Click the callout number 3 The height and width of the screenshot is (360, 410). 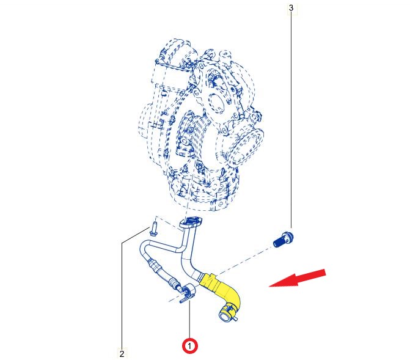[x=291, y=8]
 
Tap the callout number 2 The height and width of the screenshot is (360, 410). [x=122, y=353]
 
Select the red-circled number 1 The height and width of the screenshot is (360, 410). [x=190, y=346]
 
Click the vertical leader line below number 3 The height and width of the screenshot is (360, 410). [x=291, y=122]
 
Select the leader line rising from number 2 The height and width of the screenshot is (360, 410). [x=122, y=293]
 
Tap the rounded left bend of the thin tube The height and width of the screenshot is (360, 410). [x=144, y=248]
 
